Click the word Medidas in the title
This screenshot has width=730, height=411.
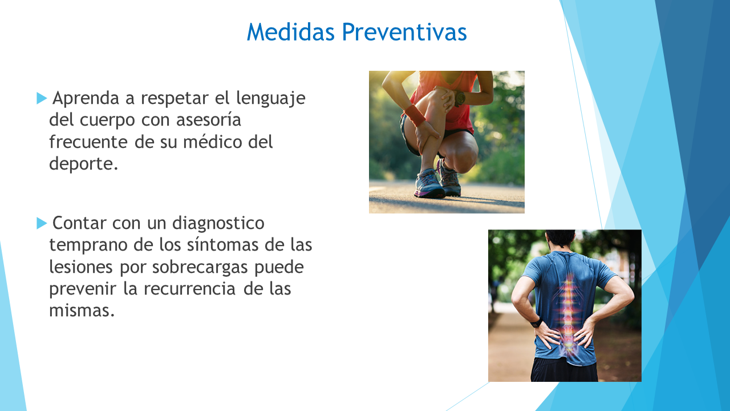[x=291, y=32]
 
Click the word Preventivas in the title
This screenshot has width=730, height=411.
[x=404, y=32]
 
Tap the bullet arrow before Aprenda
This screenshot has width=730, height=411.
[x=42, y=98]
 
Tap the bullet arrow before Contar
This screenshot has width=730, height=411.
[x=42, y=223]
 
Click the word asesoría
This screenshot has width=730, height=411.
[x=209, y=120]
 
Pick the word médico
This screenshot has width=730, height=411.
[x=212, y=142]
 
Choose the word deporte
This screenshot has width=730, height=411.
[x=83, y=164]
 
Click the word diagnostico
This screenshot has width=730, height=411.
[x=218, y=224]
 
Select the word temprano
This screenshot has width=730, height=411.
[x=88, y=245]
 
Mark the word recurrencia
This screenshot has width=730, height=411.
[x=190, y=289]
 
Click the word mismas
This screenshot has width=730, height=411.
[x=82, y=310]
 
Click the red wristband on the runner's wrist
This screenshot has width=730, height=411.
[x=415, y=115]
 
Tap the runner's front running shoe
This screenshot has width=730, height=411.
[x=429, y=184]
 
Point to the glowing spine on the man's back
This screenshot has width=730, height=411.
[x=568, y=313]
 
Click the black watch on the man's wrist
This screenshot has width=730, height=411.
[x=536, y=323]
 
